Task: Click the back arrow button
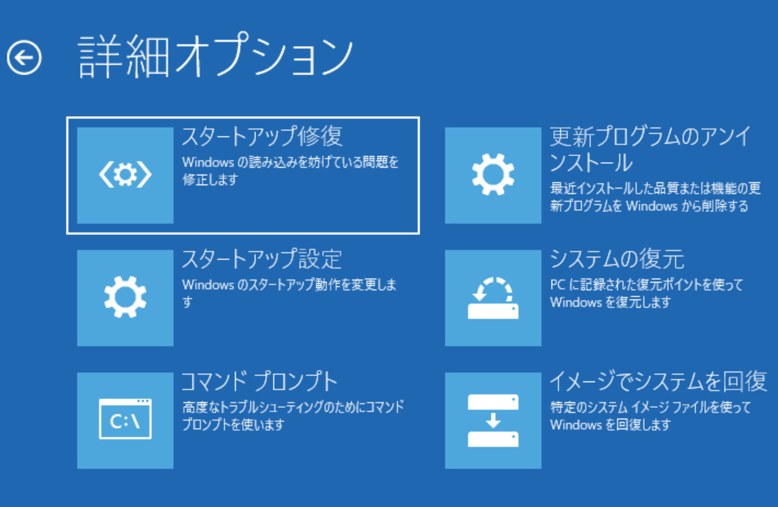(x=24, y=58)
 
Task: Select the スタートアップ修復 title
(x=262, y=137)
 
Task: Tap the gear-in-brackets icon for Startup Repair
(x=125, y=175)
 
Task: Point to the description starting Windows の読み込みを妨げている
(x=291, y=170)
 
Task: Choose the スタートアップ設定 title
(x=261, y=260)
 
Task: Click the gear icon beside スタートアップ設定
(x=125, y=298)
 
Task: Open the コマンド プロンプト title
(x=260, y=382)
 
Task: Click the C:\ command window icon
(x=125, y=420)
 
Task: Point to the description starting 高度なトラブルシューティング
(x=293, y=415)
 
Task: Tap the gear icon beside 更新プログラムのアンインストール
(x=493, y=175)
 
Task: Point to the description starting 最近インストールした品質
(x=655, y=196)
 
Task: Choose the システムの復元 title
(x=617, y=260)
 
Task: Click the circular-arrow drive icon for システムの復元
(x=493, y=298)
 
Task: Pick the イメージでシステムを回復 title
(x=658, y=382)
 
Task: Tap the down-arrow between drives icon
(x=493, y=420)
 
